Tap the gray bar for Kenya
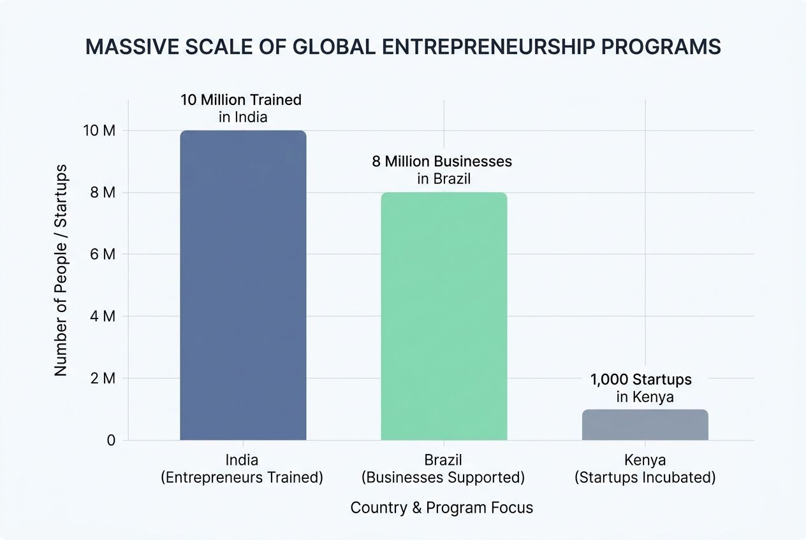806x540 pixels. pos(645,425)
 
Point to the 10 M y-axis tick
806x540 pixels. pos(99,131)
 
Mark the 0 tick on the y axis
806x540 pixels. pos(111,440)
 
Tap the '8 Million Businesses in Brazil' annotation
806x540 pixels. pos(443,169)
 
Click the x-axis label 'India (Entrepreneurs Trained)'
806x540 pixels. pos(242,469)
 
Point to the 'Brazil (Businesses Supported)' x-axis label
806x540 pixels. pos(443,469)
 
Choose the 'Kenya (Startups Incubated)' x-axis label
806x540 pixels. pos(645,469)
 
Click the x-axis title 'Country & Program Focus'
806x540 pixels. pos(442,508)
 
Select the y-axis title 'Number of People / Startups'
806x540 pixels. pos(61,270)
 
